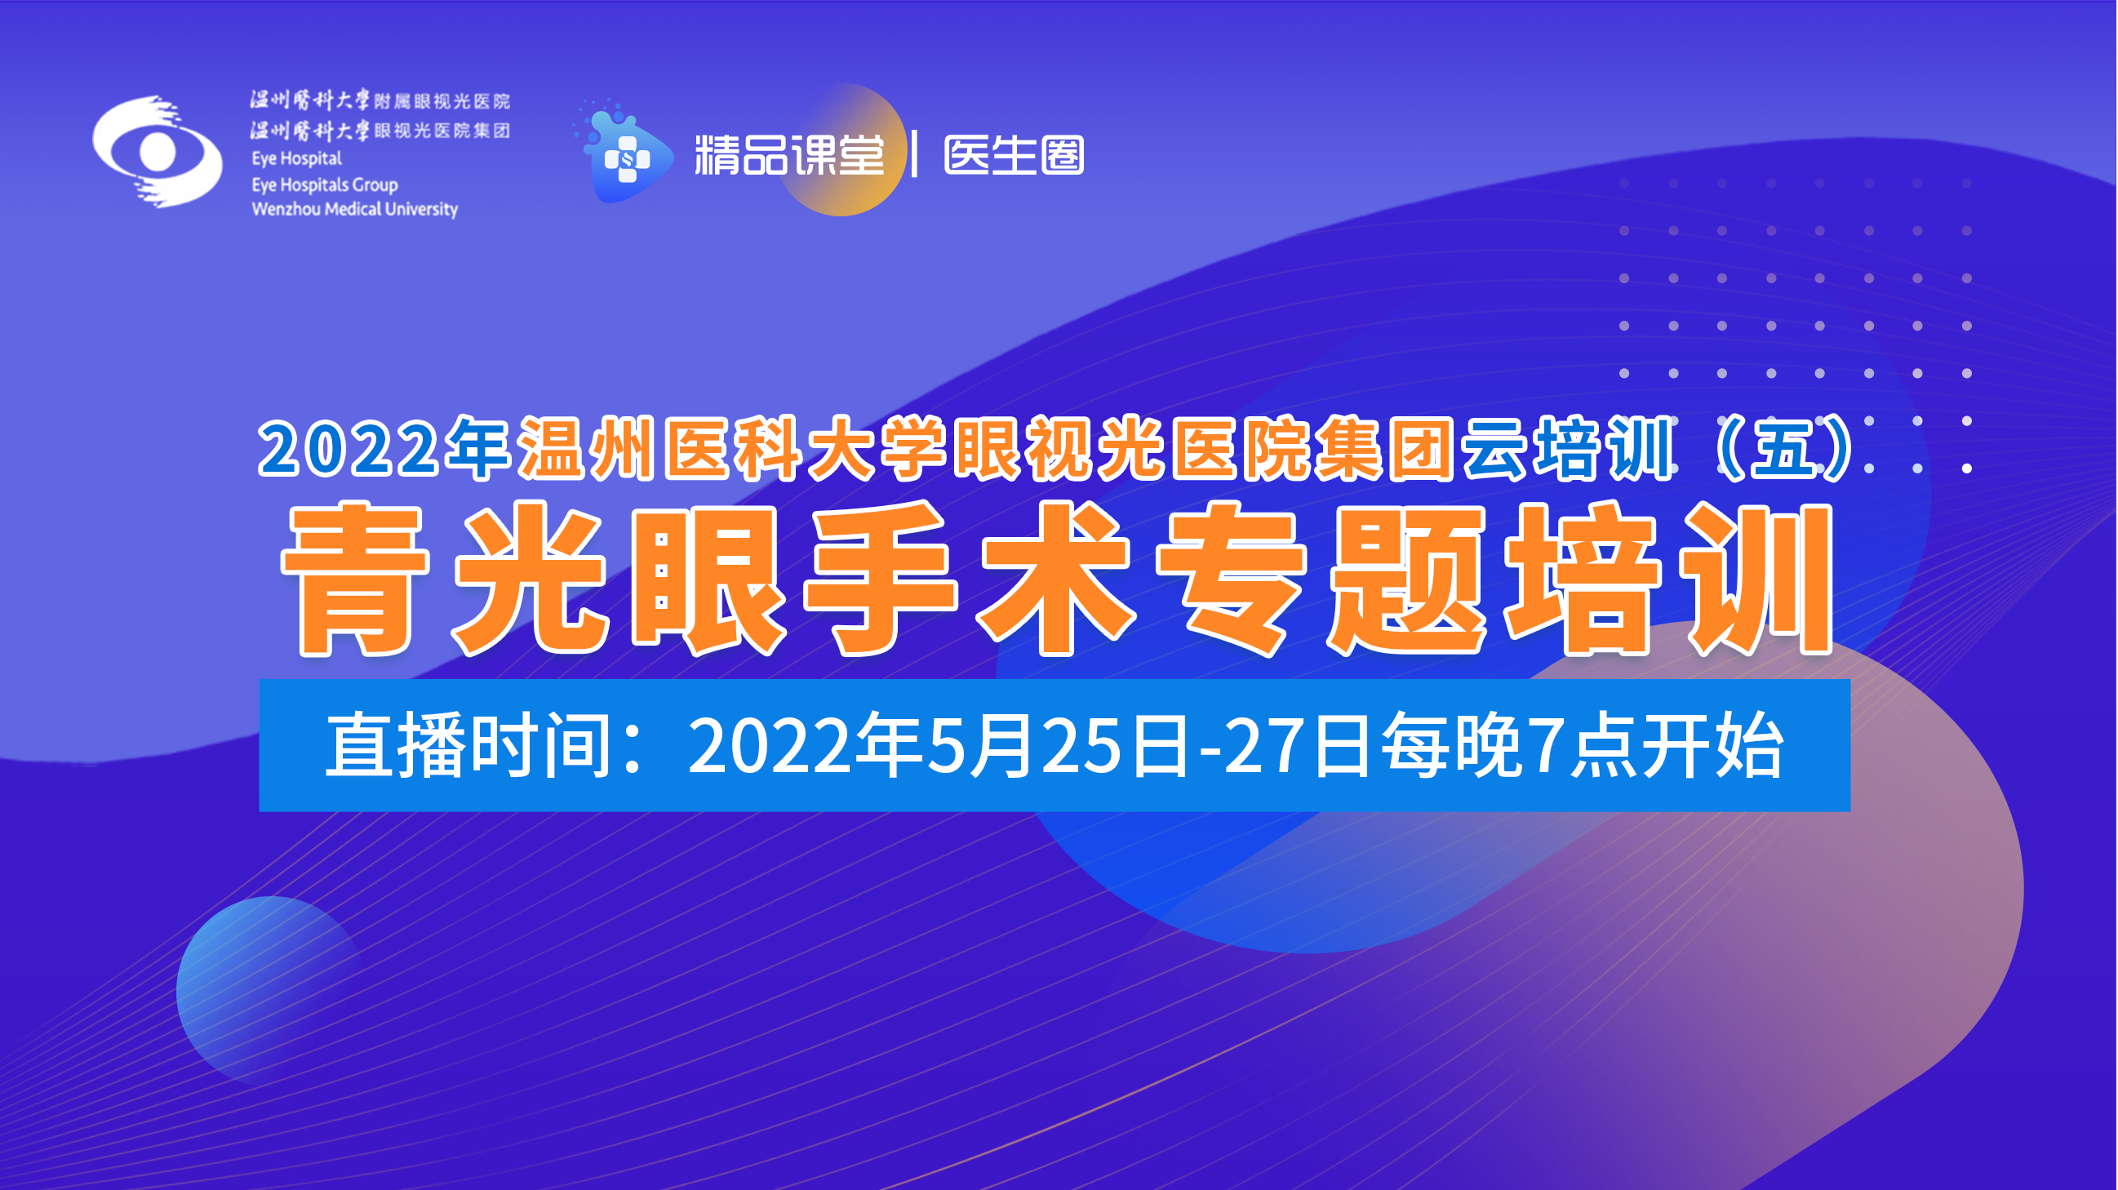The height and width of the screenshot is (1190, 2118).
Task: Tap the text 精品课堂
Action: coord(789,154)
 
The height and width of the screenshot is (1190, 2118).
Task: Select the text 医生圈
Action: coord(1015,154)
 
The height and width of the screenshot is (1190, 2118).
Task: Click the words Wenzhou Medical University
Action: coord(354,209)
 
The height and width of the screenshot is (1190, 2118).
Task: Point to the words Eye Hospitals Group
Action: coord(325,184)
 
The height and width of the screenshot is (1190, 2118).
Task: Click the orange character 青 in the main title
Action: coord(355,579)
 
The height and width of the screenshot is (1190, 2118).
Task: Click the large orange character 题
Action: coord(1407,579)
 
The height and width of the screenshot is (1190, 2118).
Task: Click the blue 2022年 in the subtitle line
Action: coord(384,448)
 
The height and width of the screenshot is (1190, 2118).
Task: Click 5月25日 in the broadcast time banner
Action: coord(1057,746)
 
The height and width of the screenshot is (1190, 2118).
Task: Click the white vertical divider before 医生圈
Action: coord(914,154)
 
